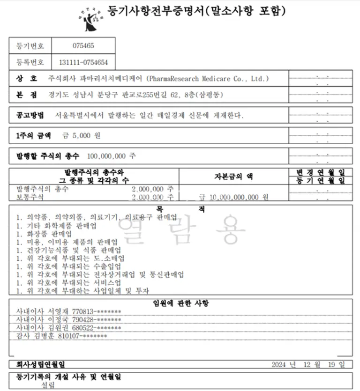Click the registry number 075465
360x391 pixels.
[x=83, y=46]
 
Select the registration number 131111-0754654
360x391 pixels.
[x=83, y=62]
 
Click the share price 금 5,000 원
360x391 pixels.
[x=82, y=136]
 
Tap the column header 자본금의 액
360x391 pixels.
[x=233, y=177]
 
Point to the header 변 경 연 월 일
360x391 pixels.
[x=320, y=173]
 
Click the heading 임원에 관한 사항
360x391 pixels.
[x=180, y=303]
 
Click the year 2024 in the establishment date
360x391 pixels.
[x=279, y=364]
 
